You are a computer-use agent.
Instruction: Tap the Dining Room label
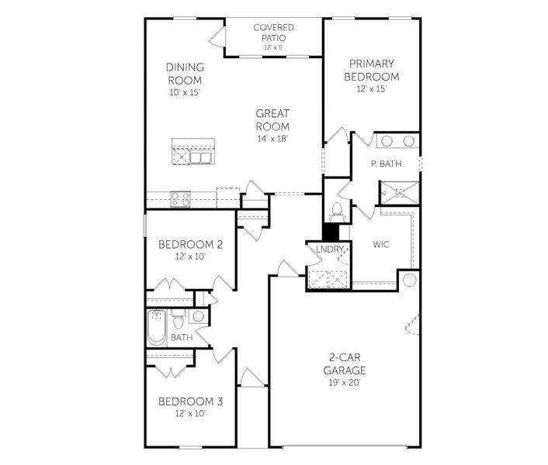pyautogui.click(x=185, y=74)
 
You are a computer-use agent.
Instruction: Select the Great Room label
pyautogui.click(x=273, y=120)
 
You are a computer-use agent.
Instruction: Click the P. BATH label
pyautogui.click(x=385, y=164)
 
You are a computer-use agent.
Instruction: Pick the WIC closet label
pyautogui.click(x=380, y=244)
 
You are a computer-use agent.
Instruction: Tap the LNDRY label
pyautogui.click(x=329, y=249)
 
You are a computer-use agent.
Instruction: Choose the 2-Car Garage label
pyautogui.click(x=345, y=364)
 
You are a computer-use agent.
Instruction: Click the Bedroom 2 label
pyautogui.click(x=191, y=245)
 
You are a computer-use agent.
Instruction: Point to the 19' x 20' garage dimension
pyautogui.click(x=345, y=382)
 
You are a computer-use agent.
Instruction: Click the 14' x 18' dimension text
pyautogui.click(x=273, y=139)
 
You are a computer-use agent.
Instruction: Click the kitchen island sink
pyautogui.click(x=201, y=157)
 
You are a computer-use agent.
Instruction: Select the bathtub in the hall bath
pyautogui.click(x=155, y=327)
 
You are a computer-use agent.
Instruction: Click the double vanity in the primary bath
pyautogui.click(x=397, y=142)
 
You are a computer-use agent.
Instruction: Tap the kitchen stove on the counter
pyautogui.click(x=179, y=198)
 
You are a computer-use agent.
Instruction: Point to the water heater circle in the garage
pyautogui.click(x=409, y=279)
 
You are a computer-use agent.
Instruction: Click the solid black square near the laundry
pyautogui.click(x=331, y=232)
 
